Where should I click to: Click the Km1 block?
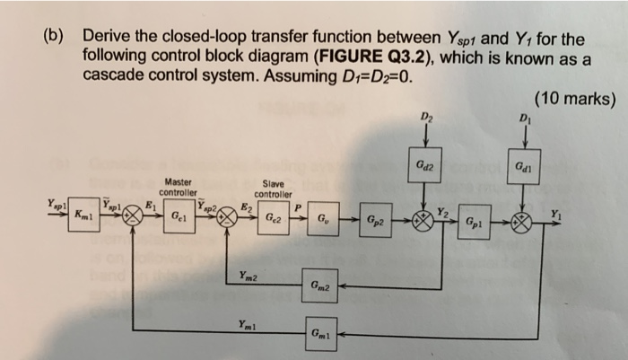(x=83, y=216)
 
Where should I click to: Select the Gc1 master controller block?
(x=180, y=216)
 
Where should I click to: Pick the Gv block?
(x=320, y=217)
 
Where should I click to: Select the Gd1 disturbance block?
(x=523, y=167)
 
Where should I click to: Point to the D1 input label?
(x=523, y=115)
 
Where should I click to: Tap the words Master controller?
(x=178, y=187)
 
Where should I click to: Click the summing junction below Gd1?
(x=523, y=221)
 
